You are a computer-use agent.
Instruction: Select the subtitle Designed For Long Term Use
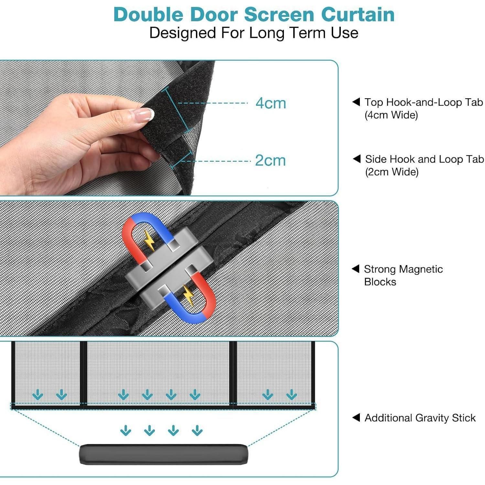click(254, 33)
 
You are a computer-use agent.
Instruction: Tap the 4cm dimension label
click(271, 103)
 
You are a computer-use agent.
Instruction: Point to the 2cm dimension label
click(270, 160)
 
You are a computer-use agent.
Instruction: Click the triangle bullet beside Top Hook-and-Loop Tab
click(356, 102)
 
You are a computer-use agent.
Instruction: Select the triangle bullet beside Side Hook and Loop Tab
click(357, 159)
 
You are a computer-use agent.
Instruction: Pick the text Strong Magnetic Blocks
click(403, 275)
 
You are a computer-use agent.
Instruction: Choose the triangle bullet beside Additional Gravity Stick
click(356, 417)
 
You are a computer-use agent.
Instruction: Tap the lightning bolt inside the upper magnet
click(149, 240)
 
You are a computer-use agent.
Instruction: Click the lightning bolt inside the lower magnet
click(188, 295)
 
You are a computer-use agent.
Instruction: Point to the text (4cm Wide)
click(391, 115)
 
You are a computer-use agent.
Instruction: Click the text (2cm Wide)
click(392, 172)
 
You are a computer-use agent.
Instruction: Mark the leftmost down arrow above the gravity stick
click(125, 430)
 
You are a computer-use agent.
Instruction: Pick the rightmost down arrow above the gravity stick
click(197, 430)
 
